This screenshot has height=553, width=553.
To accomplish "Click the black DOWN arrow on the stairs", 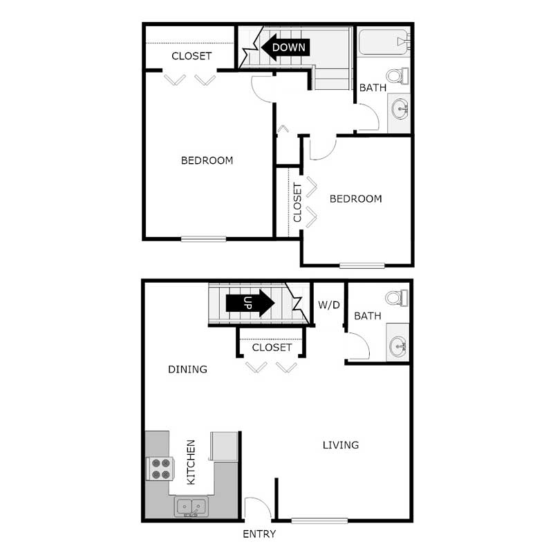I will (x=285, y=47).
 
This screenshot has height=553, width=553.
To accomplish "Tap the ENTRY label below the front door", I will (x=259, y=534).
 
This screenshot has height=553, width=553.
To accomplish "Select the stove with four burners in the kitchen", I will (x=160, y=469).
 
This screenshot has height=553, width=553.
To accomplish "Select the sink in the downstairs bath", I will (x=398, y=345).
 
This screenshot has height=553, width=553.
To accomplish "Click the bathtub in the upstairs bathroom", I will (x=384, y=42).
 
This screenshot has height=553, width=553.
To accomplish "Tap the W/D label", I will (x=329, y=304).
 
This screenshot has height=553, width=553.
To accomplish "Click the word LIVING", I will (x=341, y=444).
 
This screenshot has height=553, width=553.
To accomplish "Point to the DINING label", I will (x=187, y=369).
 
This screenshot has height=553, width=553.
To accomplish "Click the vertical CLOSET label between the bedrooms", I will (x=297, y=202).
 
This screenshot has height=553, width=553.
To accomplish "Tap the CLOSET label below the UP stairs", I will (x=272, y=347).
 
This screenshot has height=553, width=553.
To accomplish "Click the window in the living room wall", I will (x=319, y=520).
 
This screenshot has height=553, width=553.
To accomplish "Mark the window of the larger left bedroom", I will (x=204, y=239).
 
